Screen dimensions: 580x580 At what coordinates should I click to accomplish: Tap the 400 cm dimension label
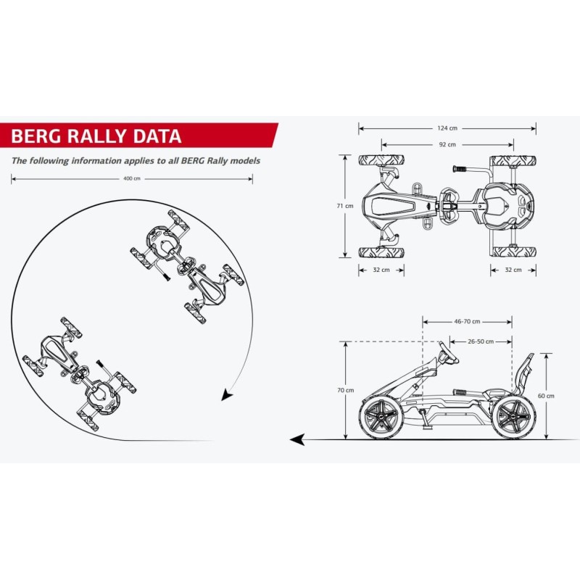(132, 178)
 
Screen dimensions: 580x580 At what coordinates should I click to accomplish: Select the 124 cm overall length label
(448, 128)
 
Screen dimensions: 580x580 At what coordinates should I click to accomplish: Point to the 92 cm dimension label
(447, 145)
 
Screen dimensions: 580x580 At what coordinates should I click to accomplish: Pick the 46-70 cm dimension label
(467, 321)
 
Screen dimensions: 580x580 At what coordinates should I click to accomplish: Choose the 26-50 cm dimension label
(480, 341)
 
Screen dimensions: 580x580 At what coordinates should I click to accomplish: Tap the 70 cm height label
(345, 390)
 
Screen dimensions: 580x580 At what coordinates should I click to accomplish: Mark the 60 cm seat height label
(546, 396)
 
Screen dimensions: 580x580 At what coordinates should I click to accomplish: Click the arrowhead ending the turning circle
(228, 394)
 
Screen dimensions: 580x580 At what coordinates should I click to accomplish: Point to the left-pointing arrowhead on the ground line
(296, 439)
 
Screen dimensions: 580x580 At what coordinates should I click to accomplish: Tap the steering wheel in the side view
(449, 354)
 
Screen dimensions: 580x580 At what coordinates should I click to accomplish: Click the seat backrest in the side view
(526, 370)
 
